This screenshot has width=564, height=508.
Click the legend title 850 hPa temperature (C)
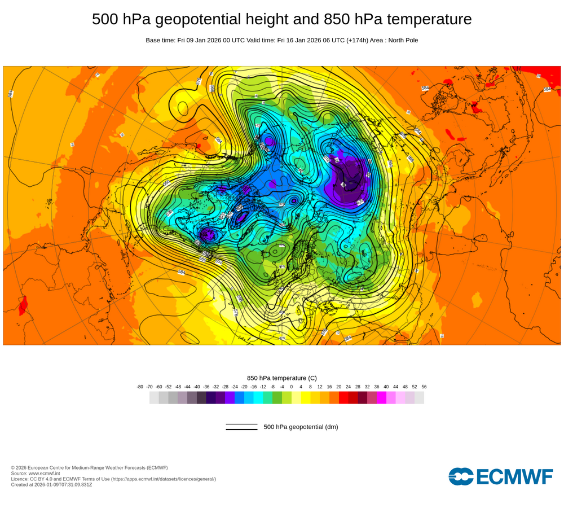click(x=282, y=378)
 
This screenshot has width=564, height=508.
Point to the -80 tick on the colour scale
click(x=140, y=387)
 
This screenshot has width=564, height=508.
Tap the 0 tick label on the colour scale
click(x=292, y=387)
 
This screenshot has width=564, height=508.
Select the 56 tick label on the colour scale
click(x=424, y=387)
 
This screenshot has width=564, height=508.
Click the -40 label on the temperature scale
click(x=197, y=387)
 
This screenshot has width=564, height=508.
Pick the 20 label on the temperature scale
click(x=339, y=387)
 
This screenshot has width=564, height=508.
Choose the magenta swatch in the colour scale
click(x=381, y=397)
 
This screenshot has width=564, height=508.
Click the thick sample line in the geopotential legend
click(x=241, y=430)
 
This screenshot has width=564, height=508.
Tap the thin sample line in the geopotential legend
click(x=241, y=424)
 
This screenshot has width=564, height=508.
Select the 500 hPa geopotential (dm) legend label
click(x=301, y=427)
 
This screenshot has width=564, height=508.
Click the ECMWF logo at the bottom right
click(x=500, y=476)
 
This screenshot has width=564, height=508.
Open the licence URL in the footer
click(x=163, y=479)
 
